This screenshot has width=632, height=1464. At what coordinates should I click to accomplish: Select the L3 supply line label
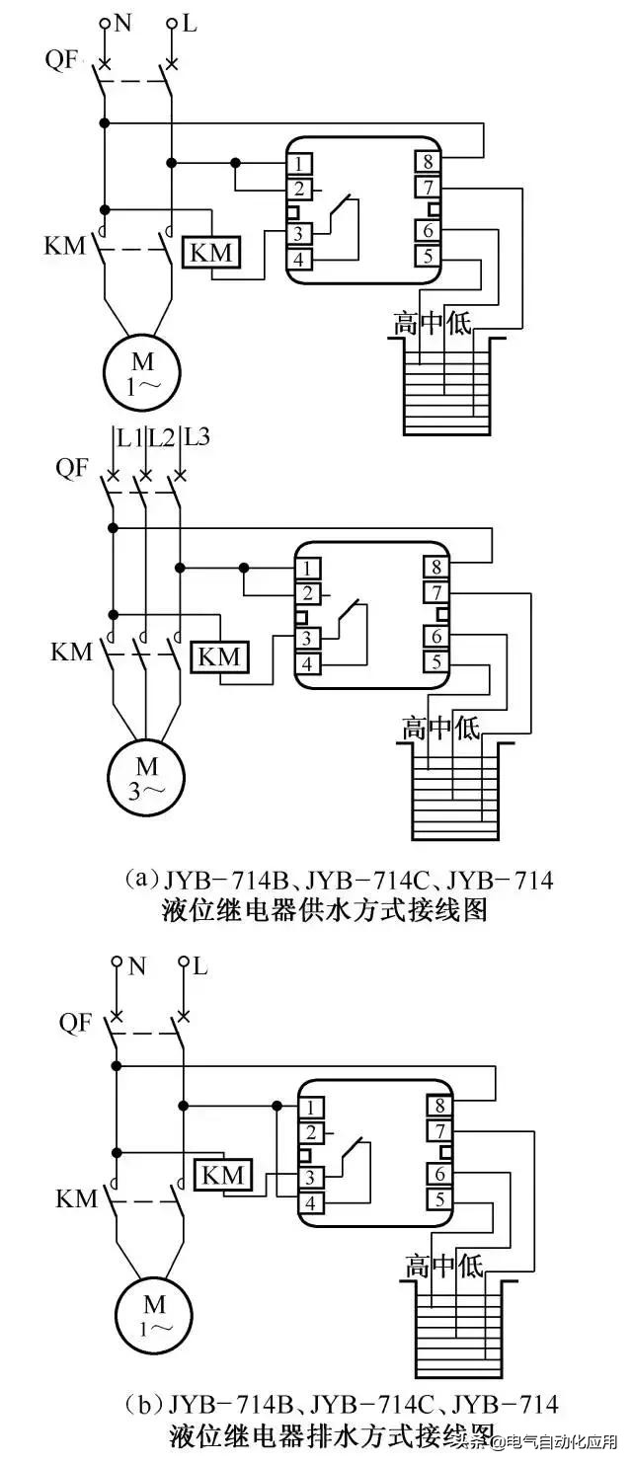click(x=197, y=435)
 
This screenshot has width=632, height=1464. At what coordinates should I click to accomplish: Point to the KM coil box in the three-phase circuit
click(x=219, y=655)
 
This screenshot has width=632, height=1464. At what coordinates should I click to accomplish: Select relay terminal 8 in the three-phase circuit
click(x=435, y=568)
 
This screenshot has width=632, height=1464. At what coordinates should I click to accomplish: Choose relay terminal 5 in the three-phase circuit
click(x=435, y=661)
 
